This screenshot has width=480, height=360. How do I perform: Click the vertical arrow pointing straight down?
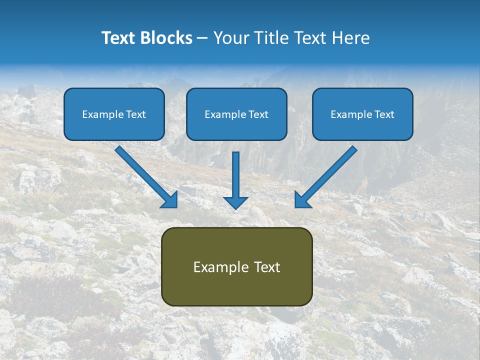point(235,177)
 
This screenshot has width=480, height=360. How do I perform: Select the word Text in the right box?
point(384,114)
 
